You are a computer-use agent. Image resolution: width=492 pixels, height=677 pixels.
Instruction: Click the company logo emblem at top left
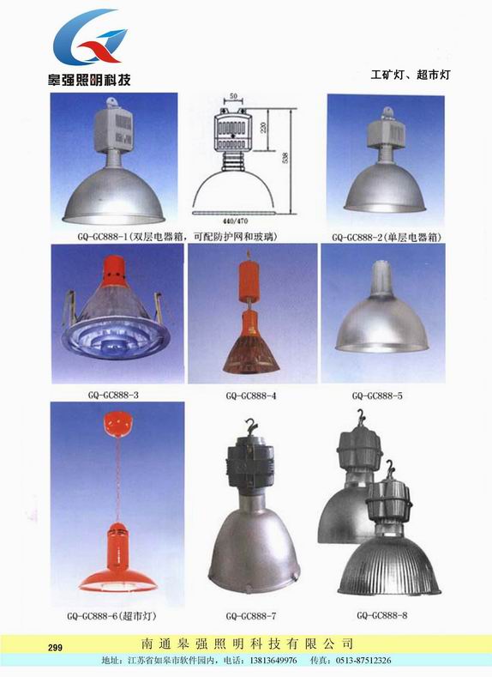(x=90, y=37)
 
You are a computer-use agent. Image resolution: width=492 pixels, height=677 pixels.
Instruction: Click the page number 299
(x=55, y=647)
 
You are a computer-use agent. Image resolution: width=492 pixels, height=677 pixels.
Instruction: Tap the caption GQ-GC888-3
(x=113, y=395)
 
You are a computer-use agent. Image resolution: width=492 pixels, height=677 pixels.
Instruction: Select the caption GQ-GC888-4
(x=251, y=396)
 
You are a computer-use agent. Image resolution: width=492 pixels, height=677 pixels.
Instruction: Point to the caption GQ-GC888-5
(x=377, y=396)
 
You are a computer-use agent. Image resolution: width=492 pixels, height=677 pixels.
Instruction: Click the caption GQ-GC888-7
(x=251, y=616)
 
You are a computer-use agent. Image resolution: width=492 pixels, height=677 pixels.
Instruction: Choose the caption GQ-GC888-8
(x=382, y=615)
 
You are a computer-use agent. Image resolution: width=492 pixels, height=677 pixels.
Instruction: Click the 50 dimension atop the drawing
(x=233, y=96)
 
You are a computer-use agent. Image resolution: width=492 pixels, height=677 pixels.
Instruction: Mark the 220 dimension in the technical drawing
(x=263, y=127)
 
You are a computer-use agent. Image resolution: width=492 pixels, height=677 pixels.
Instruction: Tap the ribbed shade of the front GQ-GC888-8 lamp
(x=389, y=566)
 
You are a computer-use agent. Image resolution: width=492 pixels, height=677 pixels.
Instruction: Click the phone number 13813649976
(x=271, y=660)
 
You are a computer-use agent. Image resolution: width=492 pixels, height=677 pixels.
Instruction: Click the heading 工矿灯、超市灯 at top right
(x=410, y=75)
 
